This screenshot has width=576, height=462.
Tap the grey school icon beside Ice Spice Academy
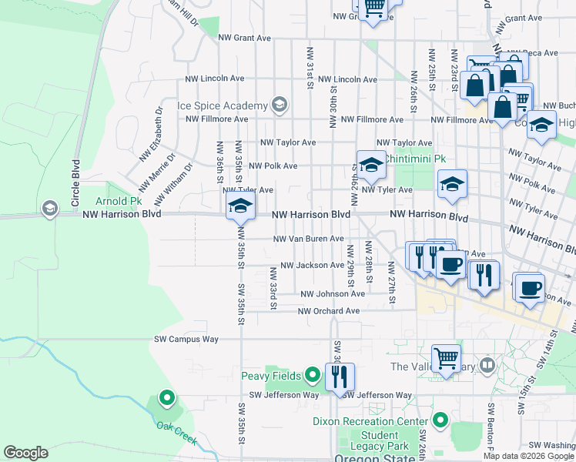pyautogui.click(x=279, y=105)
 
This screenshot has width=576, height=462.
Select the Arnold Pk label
pyautogui.click(x=119, y=201)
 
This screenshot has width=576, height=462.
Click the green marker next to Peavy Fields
pyautogui.click(x=312, y=376)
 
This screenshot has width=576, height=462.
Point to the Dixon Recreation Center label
pyautogui.click(x=370, y=422)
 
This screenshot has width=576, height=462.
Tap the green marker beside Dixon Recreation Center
pyautogui.click(x=440, y=421)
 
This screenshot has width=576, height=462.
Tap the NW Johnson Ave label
pyautogui.click(x=332, y=294)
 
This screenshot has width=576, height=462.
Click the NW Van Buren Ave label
pyautogui.click(x=310, y=239)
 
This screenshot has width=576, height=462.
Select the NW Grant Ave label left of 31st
pyautogui.click(x=244, y=37)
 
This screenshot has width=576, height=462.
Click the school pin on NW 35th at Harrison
pyautogui.click(x=239, y=206)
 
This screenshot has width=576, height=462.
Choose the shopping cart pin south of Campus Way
pyautogui.click(x=446, y=358)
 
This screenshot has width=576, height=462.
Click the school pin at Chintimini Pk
pyautogui.click(x=370, y=163)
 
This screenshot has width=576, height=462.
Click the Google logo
pyautogui.click(x=26, y=452)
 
